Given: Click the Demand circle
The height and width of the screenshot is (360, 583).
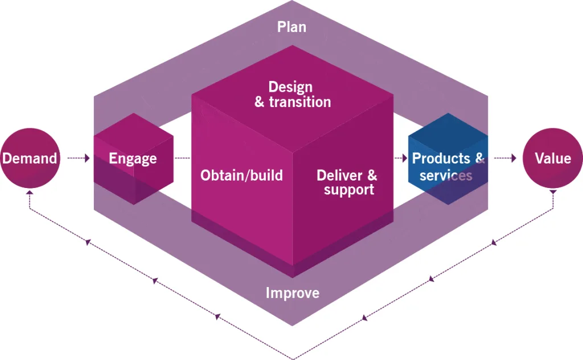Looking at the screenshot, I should click(30, 158).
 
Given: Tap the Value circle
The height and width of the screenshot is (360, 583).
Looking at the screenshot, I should click(552, 158).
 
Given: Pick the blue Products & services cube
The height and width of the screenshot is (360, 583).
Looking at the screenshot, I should click(447, 159).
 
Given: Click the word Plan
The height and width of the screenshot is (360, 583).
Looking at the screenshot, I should click(291, 27).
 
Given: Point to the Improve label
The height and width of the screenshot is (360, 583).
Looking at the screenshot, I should click(293, 293).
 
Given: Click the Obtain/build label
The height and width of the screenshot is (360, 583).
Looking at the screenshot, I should click(241, 175).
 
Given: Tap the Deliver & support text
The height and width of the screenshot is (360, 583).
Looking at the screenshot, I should click(347, 182).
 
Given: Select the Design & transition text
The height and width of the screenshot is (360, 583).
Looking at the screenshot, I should click(291, 94).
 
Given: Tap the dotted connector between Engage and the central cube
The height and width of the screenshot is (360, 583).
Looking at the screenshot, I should click(182, 158).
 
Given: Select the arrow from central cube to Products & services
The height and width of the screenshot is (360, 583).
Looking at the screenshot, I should click(400, 158).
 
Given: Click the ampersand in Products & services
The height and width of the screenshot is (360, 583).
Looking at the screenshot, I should click(479, 158).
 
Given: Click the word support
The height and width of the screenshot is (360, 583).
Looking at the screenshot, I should click(349, 190).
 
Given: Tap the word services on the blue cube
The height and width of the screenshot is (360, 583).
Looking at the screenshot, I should click(446, 175).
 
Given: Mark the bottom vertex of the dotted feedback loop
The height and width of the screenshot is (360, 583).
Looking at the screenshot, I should click(292, 358).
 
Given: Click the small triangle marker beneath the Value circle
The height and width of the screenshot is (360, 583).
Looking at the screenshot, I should click(552, 194).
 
